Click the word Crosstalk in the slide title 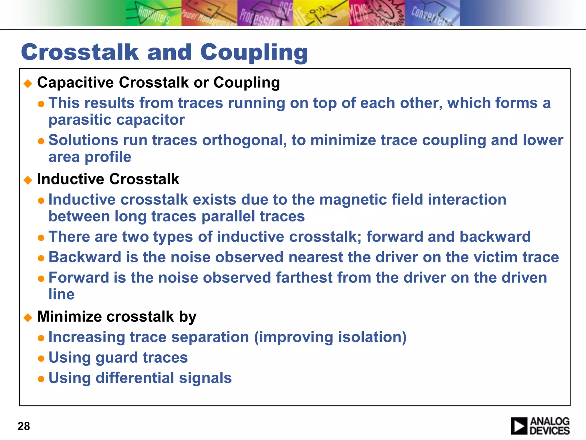click(80, 52)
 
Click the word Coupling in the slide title click(254, 53)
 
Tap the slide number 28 click(24, 426)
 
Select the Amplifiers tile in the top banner click(154, 13)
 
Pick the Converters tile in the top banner click(432, 13)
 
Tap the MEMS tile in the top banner click(377, 13)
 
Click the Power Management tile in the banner click(209, 13)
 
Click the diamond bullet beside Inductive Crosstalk click(28, 180)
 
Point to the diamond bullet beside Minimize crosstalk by click(28, 318)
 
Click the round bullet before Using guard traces click(41, 358)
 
